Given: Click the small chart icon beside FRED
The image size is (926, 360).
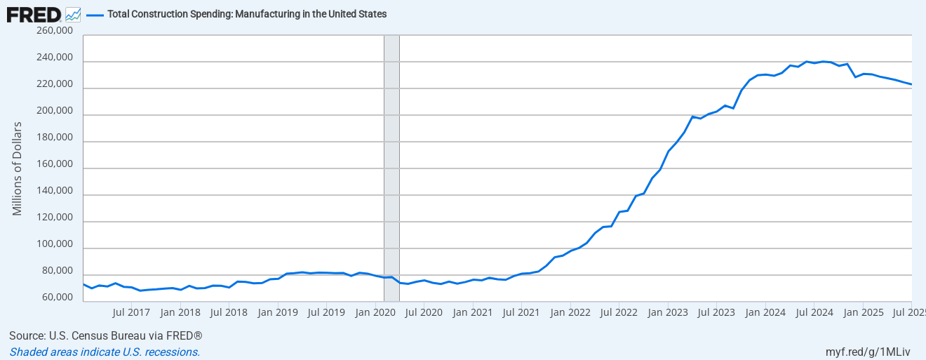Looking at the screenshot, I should pos(73,14).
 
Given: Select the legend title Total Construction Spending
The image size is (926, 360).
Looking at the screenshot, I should pos(246,14).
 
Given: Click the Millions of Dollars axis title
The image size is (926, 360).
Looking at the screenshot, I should pos(18,168).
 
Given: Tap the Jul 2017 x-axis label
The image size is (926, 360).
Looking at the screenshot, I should pos(131,312).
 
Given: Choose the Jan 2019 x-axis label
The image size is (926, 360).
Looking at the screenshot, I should pos(278,312).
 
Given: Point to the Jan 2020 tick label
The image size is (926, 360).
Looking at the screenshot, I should pos(375,312).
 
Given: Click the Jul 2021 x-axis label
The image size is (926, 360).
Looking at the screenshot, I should pos(521,312).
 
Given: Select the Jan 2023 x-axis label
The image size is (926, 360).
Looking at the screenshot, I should pos(667,312).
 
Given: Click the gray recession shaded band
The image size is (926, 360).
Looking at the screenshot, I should pos(391,168).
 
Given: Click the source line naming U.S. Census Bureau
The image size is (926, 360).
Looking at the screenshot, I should pos(106,336).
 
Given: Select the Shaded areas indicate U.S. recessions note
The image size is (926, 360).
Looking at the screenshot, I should pos(105,352).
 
